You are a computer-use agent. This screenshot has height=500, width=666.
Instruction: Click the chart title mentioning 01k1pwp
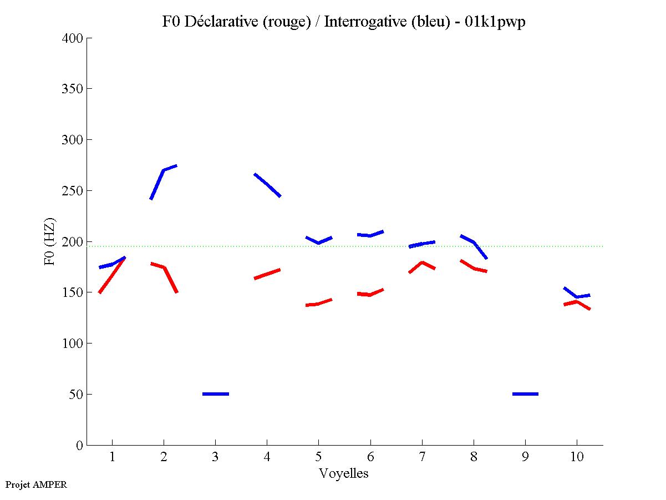(344, 22)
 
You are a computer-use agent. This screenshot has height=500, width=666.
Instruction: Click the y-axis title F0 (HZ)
(49, 241)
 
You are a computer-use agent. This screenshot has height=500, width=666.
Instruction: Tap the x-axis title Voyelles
(344, 473)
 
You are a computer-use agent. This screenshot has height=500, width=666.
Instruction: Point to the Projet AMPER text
(36, 484)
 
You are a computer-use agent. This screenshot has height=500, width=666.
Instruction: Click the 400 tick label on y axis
(73, 38)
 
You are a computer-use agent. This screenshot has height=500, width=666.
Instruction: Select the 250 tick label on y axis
(73, 191)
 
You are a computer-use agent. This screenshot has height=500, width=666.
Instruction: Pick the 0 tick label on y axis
(80, 445)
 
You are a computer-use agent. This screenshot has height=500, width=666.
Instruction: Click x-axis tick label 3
(215, 457)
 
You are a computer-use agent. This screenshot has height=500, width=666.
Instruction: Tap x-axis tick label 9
(525, 457)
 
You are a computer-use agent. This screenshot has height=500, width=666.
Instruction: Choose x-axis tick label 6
(370, 457)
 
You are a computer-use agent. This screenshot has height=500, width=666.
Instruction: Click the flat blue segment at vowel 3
(216, 394)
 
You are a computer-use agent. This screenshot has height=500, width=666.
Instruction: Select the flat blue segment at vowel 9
(525, 394)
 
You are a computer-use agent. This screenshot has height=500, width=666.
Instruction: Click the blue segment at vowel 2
(164, 171)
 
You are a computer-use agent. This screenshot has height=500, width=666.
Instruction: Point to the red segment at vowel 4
(267, 274)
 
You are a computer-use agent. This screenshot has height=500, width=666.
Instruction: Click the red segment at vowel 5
(318, 304)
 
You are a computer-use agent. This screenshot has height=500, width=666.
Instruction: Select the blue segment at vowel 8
(474, 243)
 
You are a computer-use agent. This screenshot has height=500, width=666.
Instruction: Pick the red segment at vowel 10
(577, 302)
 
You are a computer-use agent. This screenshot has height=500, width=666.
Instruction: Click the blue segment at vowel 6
(370, 235)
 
